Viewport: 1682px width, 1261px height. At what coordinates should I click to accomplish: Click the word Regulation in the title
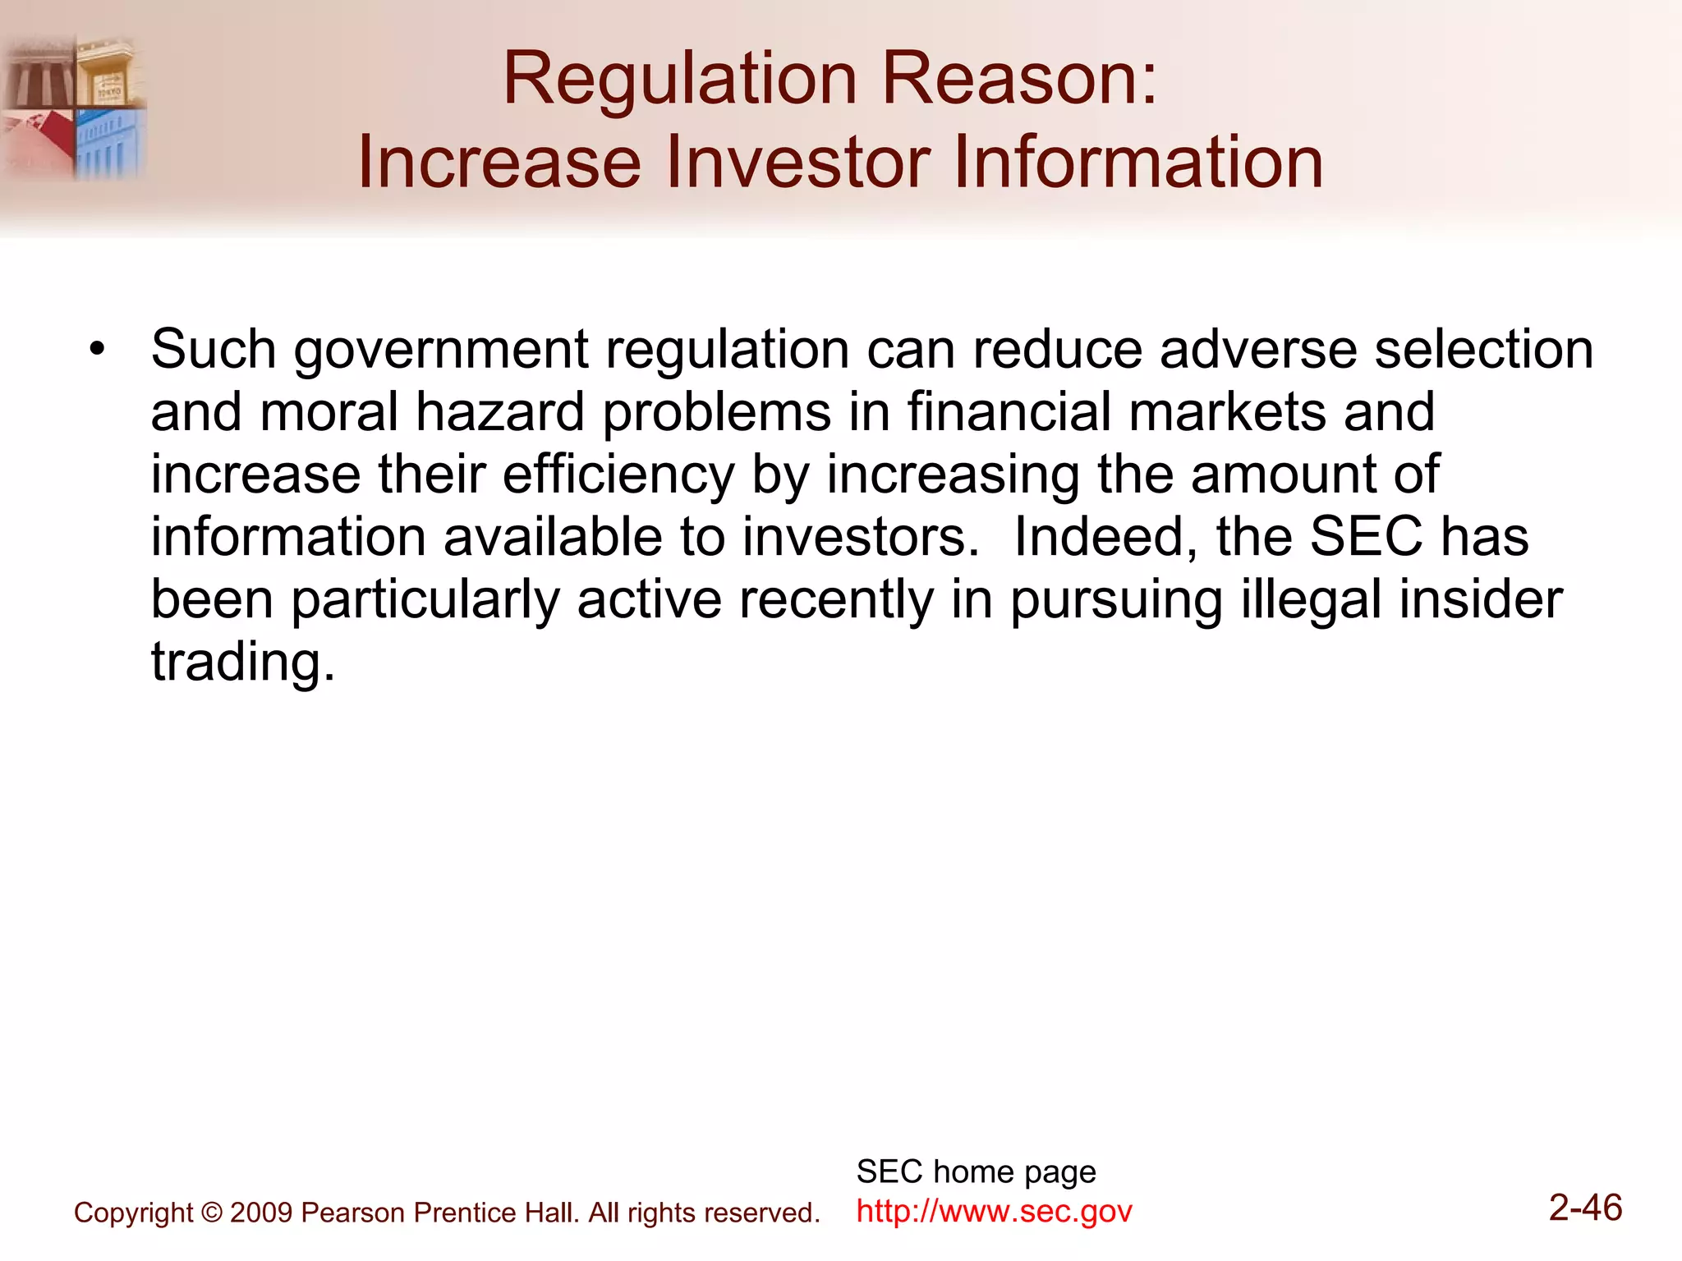(x=680, y=80)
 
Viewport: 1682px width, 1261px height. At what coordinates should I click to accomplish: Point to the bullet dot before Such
(x=98, y=350)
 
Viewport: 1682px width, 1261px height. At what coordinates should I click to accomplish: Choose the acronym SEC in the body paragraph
(x=1366, y=538)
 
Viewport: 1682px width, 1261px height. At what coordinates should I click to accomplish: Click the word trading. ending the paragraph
(x=243, y=662)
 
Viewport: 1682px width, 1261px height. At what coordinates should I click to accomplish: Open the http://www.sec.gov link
(x=994, y=1212)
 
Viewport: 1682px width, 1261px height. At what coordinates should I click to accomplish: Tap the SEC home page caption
(x=976, y=1172)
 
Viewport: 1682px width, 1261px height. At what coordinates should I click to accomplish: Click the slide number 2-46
(x=1585, y=1208)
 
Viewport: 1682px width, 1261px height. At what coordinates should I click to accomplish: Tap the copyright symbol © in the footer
(x=211, y=1213)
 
